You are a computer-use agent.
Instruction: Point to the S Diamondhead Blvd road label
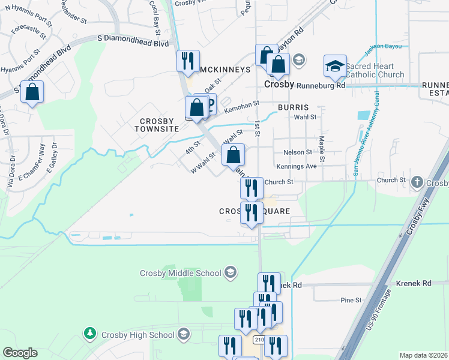pyautogui.click(x=133, y=40)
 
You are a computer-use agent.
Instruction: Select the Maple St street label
pyautogui.click(x=322, y=149)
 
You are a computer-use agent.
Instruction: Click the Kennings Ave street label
pyautogui.click(x=296, y=166)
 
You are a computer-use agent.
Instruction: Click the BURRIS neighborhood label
pyautogui.click(x=293, y=107)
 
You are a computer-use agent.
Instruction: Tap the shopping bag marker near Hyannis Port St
pyautogui.click(x=32, y=92)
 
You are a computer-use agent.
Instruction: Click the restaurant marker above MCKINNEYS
pyautogui.click(x=187, y=61)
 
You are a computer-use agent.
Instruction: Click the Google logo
pyautogui.click(x=20, y=353)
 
